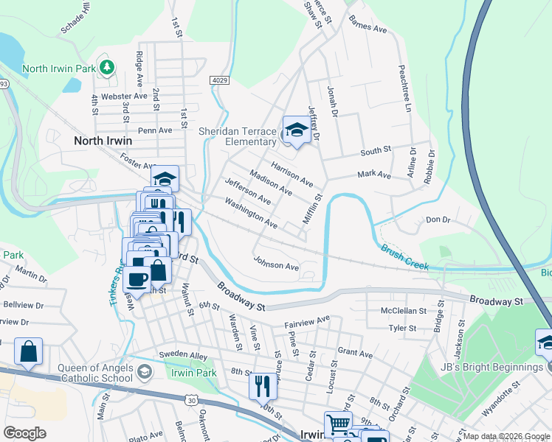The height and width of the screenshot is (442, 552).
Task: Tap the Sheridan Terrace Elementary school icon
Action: coord(296,130)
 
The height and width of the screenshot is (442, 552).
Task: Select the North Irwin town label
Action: coord(103,140)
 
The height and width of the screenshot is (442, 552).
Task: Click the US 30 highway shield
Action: coord(192,399)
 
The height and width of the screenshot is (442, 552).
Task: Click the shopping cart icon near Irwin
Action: coord(338,423)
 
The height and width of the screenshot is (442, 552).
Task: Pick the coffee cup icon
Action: coord(137,279)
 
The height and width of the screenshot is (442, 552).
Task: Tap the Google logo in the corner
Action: coord(24,433)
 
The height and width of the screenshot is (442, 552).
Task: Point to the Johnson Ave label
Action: coord(276,263)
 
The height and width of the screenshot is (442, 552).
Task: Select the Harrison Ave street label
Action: coord(292,173)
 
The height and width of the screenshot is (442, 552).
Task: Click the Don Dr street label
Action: coord(438,220)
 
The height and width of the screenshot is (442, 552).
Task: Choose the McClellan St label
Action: coord(403,311)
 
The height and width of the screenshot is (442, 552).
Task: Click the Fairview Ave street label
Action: coord(307,321)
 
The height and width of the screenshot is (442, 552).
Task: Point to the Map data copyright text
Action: coord(506,436)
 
